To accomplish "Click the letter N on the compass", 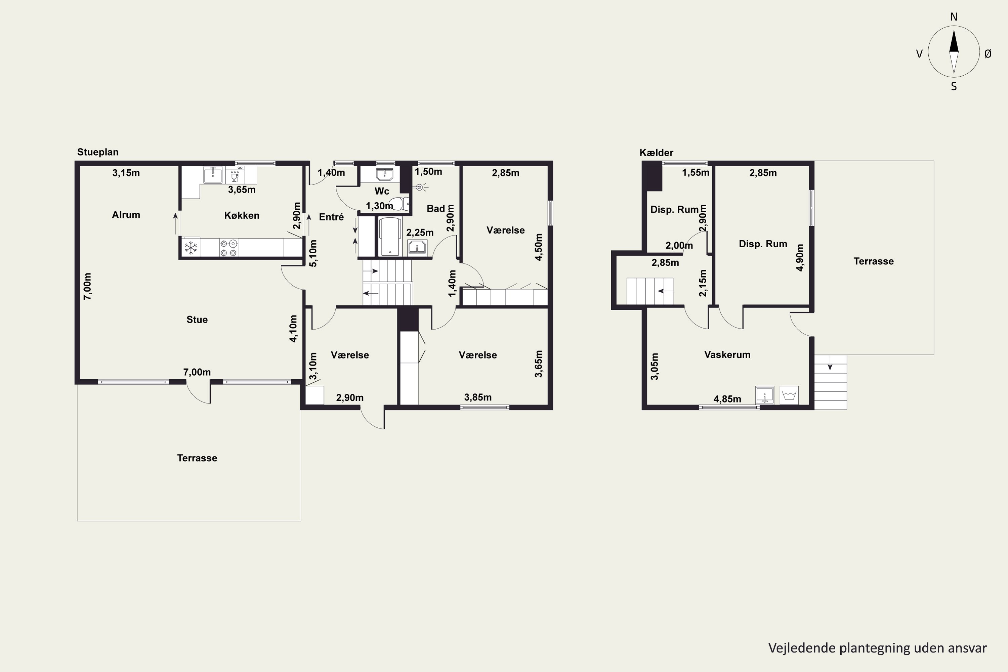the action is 954,17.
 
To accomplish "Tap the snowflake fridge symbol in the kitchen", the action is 191,248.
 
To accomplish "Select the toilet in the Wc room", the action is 398,204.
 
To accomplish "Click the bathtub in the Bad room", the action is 390,237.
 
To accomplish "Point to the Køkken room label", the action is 242,215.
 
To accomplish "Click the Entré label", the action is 331,217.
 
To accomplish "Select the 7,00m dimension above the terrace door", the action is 197,372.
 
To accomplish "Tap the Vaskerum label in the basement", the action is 727,354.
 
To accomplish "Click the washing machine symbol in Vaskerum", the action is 789,395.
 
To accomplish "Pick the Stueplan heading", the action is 98,152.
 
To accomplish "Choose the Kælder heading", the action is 656,153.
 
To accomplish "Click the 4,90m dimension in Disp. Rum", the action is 800,258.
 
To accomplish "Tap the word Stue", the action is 197,319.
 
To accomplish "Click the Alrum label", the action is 126,215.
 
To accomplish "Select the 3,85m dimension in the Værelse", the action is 478,397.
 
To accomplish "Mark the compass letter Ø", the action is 988,53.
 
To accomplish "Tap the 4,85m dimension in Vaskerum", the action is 727,399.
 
